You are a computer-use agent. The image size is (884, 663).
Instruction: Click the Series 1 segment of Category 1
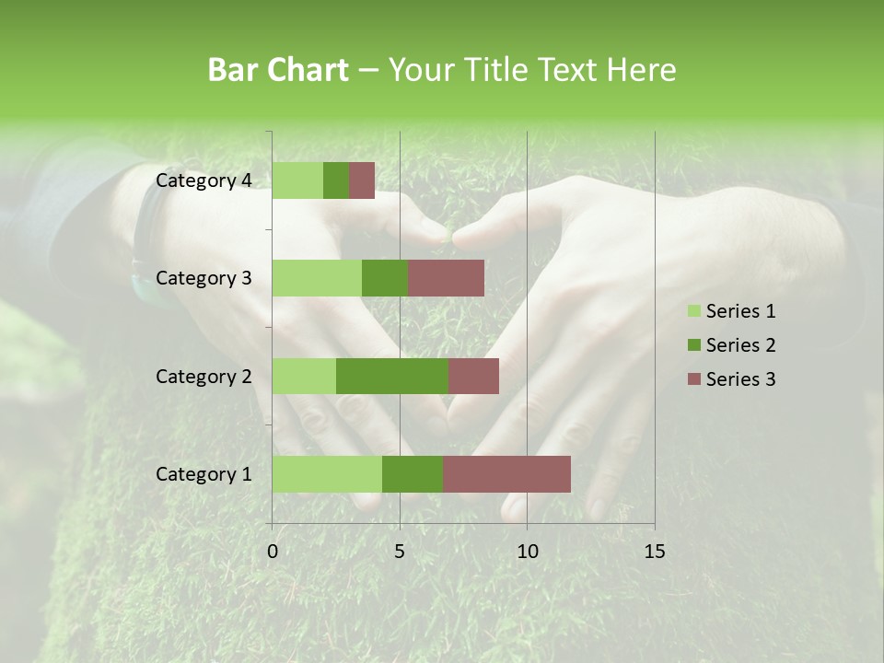pyautogui.click(x=327, y=473)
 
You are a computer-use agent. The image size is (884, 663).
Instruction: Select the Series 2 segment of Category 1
pyautogui.click(x=413, y=473)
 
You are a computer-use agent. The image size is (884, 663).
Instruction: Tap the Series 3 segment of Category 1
pyautogui.click(x=506, y=473)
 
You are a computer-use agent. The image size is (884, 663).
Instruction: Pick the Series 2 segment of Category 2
pyautogui.click(x=392, y=376)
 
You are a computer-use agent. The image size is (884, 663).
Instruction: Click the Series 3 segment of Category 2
pyautogui.click(x=473, y=376)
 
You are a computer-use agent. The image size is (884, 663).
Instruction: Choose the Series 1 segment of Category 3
pyautogui.click(x=317, y=278)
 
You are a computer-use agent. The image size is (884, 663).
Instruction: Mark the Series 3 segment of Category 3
pyautogui.click(x=446, y=278)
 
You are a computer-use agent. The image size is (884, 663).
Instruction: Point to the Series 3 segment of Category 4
pyautogui.click(x=362, y=180)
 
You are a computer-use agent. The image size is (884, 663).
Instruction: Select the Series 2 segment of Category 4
pyautogui.click(x=336, y=180)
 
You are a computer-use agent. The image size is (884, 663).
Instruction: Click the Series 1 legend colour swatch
pyautogui.click(x=693, y=311)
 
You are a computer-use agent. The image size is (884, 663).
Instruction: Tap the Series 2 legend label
pyautogui.click(x=740, y=345)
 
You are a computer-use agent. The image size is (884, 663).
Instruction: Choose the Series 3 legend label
pyautogui.click(x=740, y=379)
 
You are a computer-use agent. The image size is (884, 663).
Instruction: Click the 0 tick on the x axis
pyautogui.click(x=273, y=552)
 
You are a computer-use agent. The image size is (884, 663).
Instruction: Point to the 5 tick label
pyautogui.click(x=400, y=552)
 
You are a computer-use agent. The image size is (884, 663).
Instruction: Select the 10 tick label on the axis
pyautogui.click(x=527, y=552)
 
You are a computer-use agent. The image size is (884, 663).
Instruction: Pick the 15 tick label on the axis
pyautogui.click(x=654, y=552)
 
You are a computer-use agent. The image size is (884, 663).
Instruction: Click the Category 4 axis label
pyautogui.click(x=204, y=180)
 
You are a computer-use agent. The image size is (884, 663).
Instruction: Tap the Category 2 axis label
pyautogui.click(x=204, y=376)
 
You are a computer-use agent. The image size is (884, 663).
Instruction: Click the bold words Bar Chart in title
pyautogui.click(x=278, y=70)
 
